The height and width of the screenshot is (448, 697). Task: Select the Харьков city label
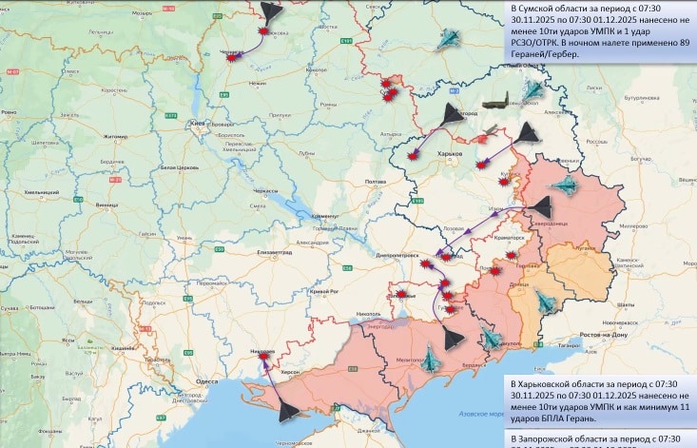pyautogui.click(x=449, y=152)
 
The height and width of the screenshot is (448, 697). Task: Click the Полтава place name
pyautogui.click(x=376, y=181)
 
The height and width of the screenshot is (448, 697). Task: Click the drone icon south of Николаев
pyautogui.click(x=289, y=411)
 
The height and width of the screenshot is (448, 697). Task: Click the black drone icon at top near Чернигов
pyautogui.click(x=270, y=10)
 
